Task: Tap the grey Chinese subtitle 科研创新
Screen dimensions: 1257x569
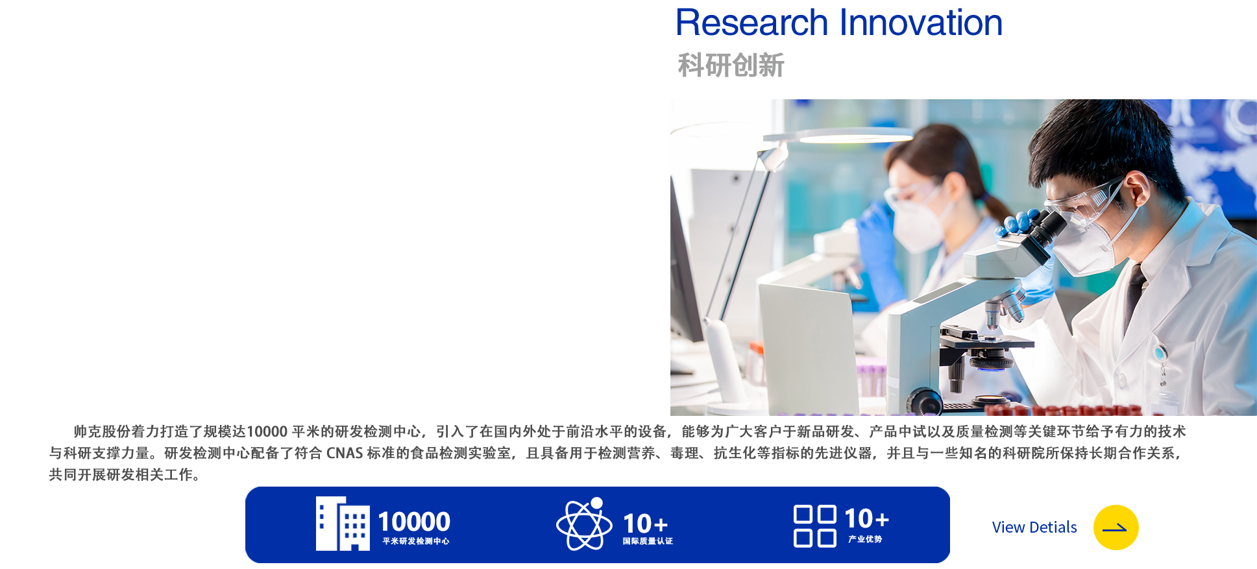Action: click(x=731, y=66)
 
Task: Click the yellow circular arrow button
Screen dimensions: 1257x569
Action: click(x=1116, y=527)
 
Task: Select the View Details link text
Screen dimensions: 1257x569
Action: click(x=1034, y=527)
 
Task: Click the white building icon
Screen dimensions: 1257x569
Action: click(x=343, y=524)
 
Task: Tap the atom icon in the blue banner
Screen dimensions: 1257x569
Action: click(x=584, y=524)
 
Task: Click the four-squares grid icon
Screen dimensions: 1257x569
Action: click(x=815, y=526)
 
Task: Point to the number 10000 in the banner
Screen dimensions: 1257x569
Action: click(x=414, y=522)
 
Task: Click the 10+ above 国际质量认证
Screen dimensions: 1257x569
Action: click(x=645, y=524)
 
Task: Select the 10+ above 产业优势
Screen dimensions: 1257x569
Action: click(x=866, y=519)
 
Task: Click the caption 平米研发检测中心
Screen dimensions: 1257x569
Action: click(x=415, y=541)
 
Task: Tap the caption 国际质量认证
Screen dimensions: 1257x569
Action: click(x=648, y=541)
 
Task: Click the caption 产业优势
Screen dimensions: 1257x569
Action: click(x=865, y=539)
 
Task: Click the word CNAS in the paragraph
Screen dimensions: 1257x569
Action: click(x=344, y=453)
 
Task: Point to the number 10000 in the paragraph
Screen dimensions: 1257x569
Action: click(x=267, y=431)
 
